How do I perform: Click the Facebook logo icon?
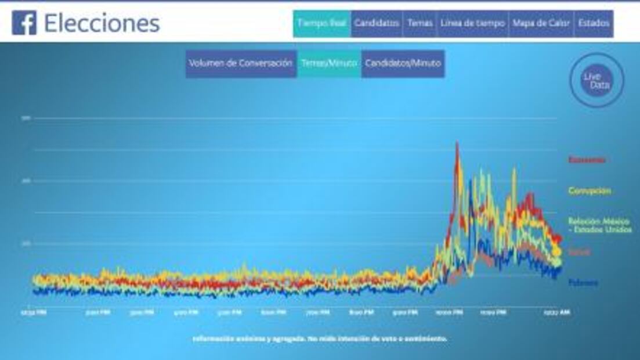(x=24, y=23)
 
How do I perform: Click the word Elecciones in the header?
(x=102, y=23)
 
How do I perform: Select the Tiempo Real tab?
(x=322, y=23)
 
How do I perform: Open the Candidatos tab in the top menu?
(x=377, y=23)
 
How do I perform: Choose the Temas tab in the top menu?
(x=420, y=23)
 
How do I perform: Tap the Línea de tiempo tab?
(x=473, y=23)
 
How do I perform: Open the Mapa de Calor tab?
(x=541, y=23)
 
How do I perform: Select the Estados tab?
(x=594, y=23)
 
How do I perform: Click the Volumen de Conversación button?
(x=240, y=63)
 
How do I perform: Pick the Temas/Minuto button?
(x=329, y=63)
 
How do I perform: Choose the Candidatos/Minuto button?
(x=403, y=63)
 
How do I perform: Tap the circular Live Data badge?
(x=597, y=80)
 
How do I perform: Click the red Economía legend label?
(x=587, y=160)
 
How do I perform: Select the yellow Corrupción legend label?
(x=589, y=190)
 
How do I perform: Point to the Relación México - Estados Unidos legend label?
(x=599, y=225)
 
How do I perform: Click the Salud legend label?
(x=579, y=253)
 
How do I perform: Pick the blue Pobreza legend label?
(x=583, y=283)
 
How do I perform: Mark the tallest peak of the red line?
(x=457, y=143)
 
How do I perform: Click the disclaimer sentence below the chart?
(x=320, y=339)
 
